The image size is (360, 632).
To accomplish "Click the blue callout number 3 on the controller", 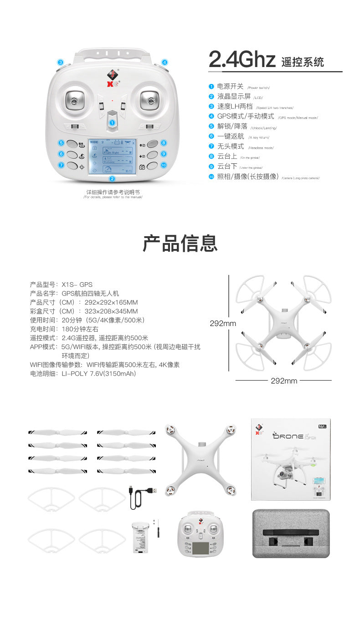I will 61,62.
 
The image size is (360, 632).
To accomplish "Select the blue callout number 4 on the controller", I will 165,62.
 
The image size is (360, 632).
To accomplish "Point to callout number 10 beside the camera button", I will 164,165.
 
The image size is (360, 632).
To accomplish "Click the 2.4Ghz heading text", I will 242,60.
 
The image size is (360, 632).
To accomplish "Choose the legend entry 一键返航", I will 230,136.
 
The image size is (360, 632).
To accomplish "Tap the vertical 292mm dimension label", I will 223,323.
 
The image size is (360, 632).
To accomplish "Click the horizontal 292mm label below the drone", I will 283,381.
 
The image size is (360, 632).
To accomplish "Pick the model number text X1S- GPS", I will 77,285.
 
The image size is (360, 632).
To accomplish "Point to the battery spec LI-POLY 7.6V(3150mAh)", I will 99,373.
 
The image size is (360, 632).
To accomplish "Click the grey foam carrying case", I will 291,534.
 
